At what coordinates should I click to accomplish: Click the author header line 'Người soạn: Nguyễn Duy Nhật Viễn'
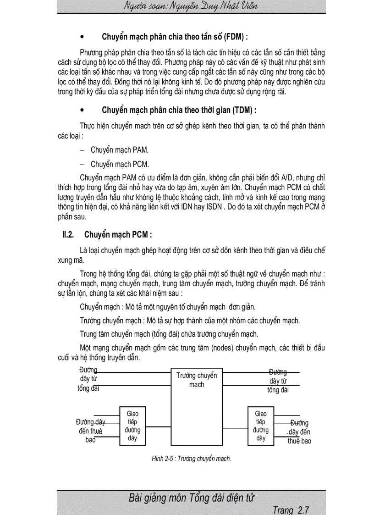(x=190, y=6)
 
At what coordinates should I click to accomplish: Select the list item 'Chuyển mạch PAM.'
(x=120, y=150)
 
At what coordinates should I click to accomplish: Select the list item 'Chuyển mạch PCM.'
(x=120, y=164)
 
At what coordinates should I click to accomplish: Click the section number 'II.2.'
(x=68, y=235)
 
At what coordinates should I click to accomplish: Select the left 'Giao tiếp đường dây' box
(x=132, y=426)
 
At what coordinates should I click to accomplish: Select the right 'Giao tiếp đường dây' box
(x=261, y=426)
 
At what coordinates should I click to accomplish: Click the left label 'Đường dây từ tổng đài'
(x=88, y=379)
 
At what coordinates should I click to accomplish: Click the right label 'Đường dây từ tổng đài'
(x=278, y=381)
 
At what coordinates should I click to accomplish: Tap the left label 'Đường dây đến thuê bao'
(x=90, y=431)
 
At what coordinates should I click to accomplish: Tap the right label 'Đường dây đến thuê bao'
(x=299, y=432)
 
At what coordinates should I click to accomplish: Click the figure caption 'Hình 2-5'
(x=163, y=458)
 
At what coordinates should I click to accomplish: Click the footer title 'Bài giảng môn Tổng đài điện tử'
(x=192, y=498)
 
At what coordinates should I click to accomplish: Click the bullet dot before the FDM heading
(x=82, y=37)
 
